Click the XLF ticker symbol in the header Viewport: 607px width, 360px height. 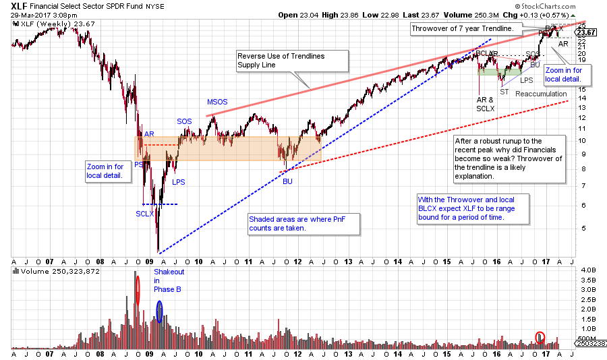coord(20,6)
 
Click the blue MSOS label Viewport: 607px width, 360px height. coord(217,102)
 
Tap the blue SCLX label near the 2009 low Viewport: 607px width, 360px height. coord(143,213)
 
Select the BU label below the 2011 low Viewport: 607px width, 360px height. coord(288,181)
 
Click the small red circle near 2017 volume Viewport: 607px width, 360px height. coord(540,336)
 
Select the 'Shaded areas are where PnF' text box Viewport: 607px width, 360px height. coord(303,224)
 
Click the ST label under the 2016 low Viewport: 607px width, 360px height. coord(504,91)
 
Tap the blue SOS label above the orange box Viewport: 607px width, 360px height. coord(184,121)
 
